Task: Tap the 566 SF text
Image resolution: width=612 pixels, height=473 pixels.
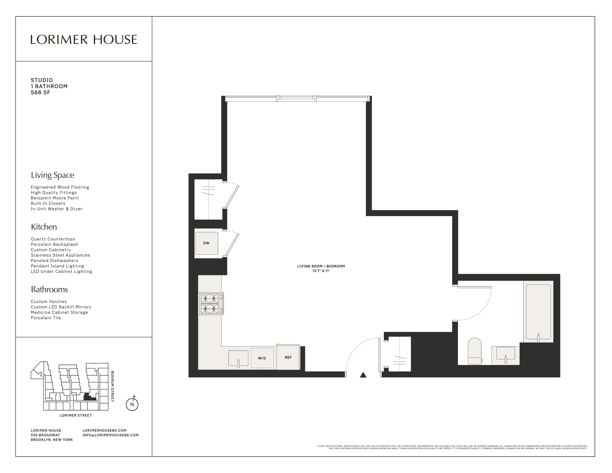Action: (40, 93)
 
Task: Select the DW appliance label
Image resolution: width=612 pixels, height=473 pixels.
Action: (206, 243)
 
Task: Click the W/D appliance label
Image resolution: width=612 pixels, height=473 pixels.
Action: (262, 358)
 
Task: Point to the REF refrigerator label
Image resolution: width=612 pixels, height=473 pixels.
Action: (288, 358)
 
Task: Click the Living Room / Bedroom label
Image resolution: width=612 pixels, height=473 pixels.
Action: (321, 266)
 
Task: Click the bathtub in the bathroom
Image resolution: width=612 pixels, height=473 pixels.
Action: (538, 312)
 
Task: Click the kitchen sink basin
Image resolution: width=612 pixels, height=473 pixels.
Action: (238, 358)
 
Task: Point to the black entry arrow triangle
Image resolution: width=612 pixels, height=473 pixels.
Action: (363, 375)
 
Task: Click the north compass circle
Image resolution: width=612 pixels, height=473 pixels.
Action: (132, 404)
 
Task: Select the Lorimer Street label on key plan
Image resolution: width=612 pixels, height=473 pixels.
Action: (76, 415)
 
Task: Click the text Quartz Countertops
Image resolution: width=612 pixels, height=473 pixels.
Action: (53, 239)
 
